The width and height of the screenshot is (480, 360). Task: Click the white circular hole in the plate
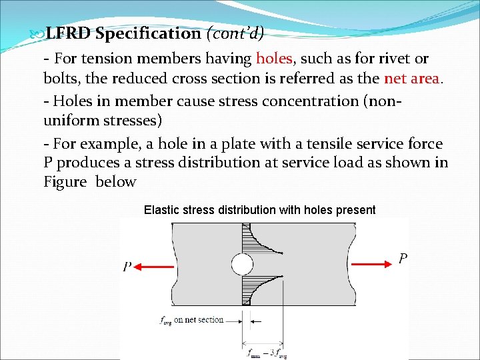(x=241, y=265)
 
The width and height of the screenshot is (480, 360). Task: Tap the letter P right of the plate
(x=403, y=259)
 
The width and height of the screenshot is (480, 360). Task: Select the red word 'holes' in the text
(x=273, y=59)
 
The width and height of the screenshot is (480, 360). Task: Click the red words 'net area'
(x=411, y=78)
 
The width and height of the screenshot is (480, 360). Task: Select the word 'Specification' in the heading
(x=147, y=33)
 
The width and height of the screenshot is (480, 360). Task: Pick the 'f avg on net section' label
(x=192, y=320)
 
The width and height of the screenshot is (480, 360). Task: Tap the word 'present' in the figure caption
(x=357, y=210)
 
